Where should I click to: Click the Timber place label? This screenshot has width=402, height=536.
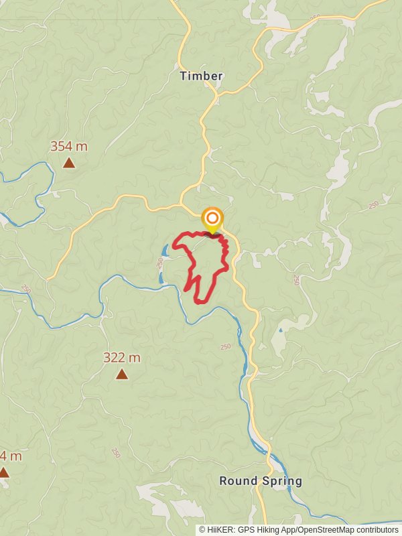201,76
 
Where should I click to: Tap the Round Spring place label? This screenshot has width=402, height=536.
261,481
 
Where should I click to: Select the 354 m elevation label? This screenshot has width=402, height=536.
68,146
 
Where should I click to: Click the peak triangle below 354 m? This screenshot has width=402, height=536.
68,163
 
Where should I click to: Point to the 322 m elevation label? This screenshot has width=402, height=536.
121,358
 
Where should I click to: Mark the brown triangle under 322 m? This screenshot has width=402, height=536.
121,374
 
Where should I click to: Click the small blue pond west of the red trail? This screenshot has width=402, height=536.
163,252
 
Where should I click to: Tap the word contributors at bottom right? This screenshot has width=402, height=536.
377,530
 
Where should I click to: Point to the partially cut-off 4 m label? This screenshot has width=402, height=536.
10,456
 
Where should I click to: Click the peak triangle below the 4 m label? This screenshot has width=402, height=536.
3,472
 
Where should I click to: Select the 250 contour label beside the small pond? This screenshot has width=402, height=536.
160,264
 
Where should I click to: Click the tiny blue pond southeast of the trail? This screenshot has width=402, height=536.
279,330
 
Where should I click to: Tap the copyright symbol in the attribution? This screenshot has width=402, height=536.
202,530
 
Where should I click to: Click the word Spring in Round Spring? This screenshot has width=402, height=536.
283,481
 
